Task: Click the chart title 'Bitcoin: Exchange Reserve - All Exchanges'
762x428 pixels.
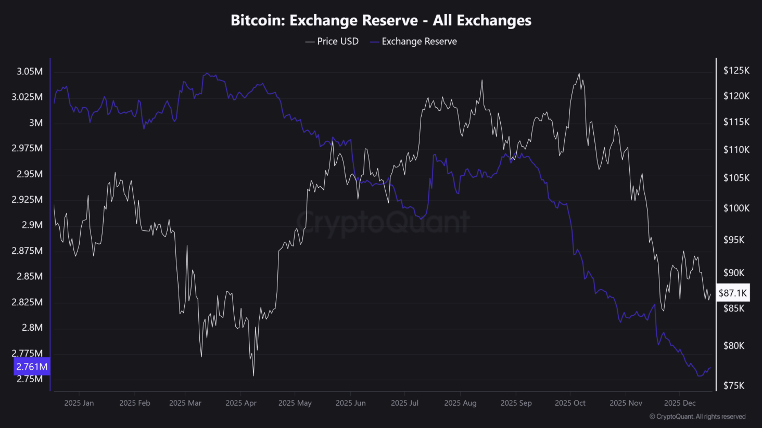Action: (381, 20)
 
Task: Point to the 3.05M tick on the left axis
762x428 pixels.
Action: (30, 71)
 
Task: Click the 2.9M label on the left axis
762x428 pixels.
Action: (32, 225)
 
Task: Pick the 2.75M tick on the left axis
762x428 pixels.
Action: (30, 379)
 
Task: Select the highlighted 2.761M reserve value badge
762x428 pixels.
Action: (32, 367)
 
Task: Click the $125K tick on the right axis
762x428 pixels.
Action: (736, 71)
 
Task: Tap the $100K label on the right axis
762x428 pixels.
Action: (736, 208)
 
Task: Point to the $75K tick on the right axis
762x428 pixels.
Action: (734, 385)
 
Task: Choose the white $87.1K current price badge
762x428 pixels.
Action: (733, 293)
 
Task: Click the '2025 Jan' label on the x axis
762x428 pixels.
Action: (79, 403)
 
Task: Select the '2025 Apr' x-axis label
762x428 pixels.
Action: (241, 403)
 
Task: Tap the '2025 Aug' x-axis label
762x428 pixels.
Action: (460, 403)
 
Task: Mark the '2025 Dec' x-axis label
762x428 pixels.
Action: (680, 403)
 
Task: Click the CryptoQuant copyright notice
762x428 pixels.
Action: (697, 417)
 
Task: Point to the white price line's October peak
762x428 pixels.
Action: (579, 74)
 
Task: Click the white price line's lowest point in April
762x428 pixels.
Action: (253, 375)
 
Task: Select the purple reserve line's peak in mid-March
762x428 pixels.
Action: (207, 73)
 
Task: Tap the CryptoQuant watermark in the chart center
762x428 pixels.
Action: (383, 222)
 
